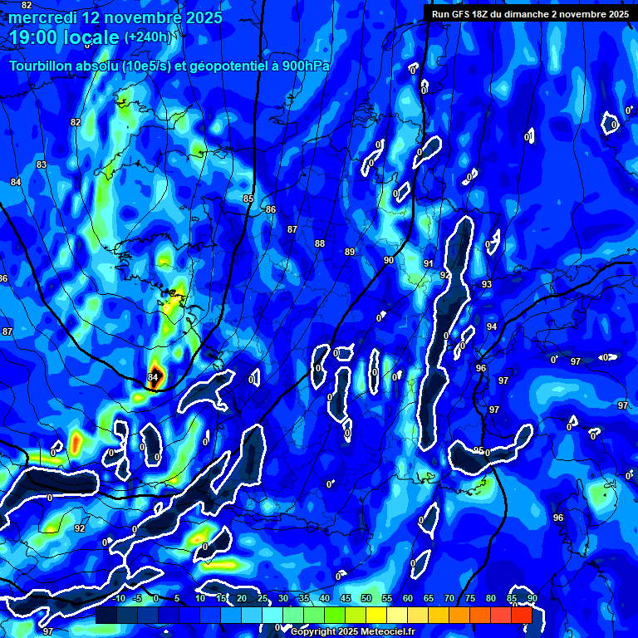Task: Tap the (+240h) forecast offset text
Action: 147,37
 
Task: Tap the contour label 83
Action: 42,165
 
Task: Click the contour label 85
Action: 248,199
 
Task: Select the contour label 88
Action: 320,243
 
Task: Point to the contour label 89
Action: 350,252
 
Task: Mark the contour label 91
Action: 429,263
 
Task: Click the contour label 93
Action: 487,285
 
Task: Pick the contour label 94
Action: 492,326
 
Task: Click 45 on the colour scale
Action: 346,599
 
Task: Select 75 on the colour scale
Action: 470,599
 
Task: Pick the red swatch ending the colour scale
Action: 522,615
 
